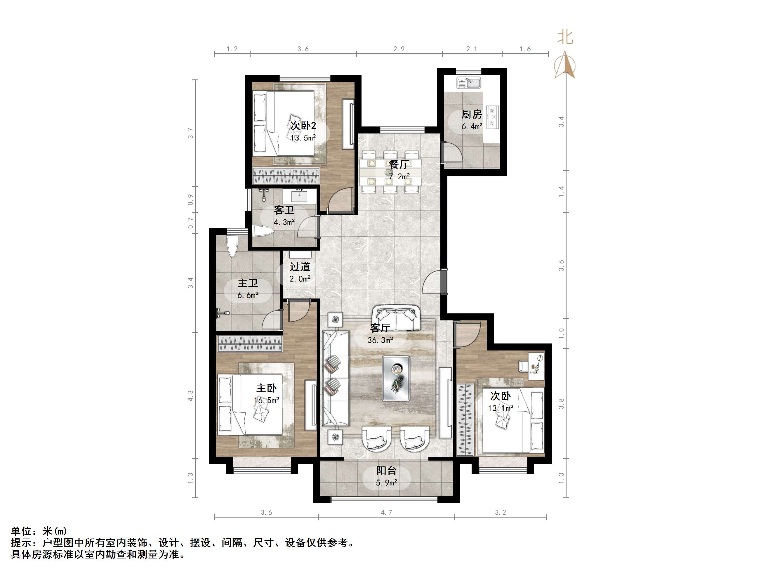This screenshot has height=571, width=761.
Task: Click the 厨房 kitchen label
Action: (x=472, y=114)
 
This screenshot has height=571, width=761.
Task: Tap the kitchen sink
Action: (x=469, y=83)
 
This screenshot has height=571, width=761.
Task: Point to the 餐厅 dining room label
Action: (x=399, y=164)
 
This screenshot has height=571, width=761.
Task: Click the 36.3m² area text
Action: (x=380, y=340)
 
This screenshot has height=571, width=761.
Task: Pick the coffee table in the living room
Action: (x=396, y=378)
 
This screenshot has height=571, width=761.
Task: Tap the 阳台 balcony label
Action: (x=386, y=470)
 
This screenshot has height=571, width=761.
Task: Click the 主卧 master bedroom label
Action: (x=266, y=388)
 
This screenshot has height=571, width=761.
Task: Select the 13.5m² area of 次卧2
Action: (x=303, y=138)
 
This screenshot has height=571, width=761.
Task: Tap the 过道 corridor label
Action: (x=300, y=266)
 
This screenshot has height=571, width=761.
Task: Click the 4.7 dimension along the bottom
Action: (x=386, y=513)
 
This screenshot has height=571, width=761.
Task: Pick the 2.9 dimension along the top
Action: (x=399, y=49)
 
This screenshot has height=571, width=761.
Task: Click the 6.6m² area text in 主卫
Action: (x=248, y=295)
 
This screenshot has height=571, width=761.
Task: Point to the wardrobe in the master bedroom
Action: (x=249, y=344)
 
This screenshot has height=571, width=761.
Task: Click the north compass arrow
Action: (x=565, y=65)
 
